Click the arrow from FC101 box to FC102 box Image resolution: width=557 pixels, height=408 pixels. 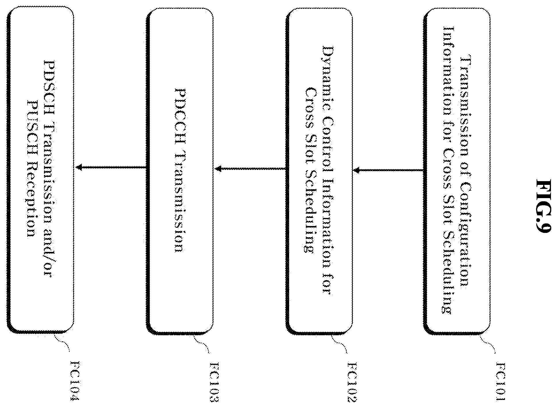(x=388, y=171)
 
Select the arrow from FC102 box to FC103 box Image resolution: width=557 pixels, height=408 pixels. (x=250, y=169)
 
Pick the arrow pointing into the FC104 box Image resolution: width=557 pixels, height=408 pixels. (x=111, y=167)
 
